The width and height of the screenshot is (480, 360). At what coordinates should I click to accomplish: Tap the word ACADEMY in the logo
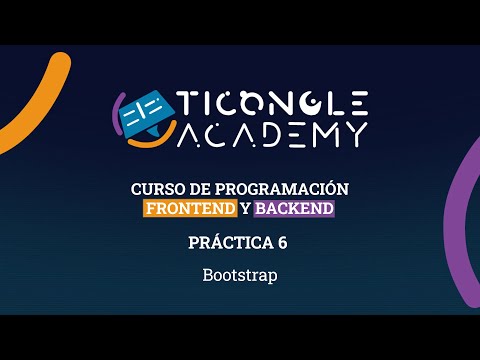click(x=272, y=134)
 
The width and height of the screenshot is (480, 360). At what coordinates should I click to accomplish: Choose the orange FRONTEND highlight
click(x=190, y=209)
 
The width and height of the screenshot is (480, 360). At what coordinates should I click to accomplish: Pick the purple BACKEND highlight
click(x=294, y=209)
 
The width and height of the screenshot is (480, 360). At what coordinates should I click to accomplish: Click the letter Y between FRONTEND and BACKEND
click(x=245, y=209)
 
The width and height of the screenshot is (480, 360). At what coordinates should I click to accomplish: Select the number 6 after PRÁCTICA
click(x=283, y=242)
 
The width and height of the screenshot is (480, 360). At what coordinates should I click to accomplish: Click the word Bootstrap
click(x=240, y=272)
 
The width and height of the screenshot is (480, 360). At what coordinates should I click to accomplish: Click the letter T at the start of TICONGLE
click(x=187, y=102)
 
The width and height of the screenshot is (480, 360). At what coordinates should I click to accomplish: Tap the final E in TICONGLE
click(x=358, y=102)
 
